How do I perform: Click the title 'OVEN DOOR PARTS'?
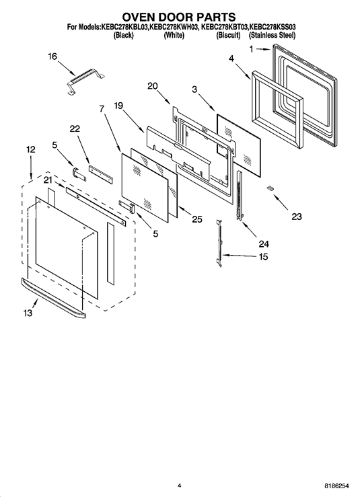[179, 17]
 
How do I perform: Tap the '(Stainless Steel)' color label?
[272, 36]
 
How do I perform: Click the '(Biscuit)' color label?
[228, 36]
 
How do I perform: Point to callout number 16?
[52, 56]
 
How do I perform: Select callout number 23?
[297, 217]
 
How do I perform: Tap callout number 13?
[28, 313]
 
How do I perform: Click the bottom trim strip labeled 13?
[53, 298]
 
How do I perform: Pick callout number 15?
[263, 256]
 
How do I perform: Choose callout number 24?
[264, 243]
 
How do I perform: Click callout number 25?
[197, 219]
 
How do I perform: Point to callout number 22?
[75, 128]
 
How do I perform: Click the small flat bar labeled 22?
[100, 174]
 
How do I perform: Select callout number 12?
[31, 149]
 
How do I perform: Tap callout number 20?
[153, 86]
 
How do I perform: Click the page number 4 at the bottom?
[179, 486]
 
